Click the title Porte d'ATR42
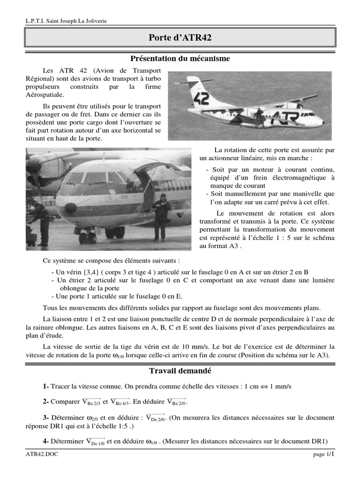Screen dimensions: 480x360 pos(180,38)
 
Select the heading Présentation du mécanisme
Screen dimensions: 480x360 pos(180,59)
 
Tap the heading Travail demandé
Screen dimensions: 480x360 pos(180,371)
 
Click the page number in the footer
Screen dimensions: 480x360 pos(323,455)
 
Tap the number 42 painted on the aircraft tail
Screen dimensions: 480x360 pos(202,99)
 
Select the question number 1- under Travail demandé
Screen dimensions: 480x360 pos(45,386)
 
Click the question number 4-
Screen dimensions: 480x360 pos(45,441)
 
